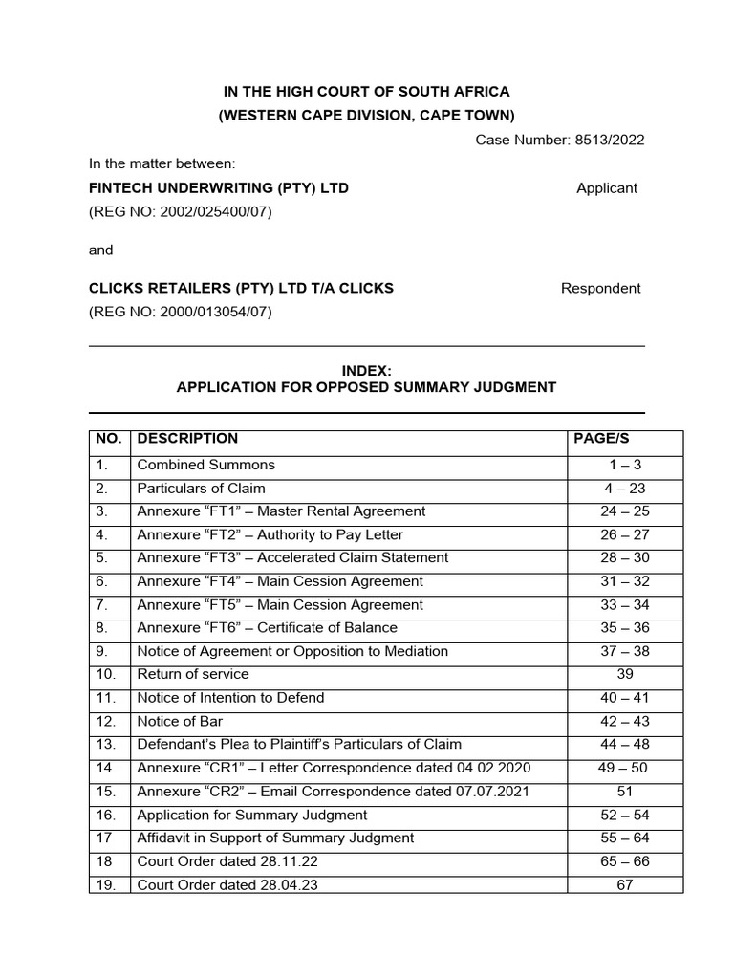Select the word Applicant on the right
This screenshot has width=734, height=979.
pyautogui.click(x=607, y=188)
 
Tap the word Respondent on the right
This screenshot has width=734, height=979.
pyautogui.click(x=600, y=288)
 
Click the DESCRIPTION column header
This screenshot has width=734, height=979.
pyautogui.click(x=187, y=439)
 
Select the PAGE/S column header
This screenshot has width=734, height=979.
pyautogui.click(x=601, y=439)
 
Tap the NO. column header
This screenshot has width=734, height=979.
pyautogui.click(x=109, y=439)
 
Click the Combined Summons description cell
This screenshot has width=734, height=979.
pyautogui.click(x=205, y=465)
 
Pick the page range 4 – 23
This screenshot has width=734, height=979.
pyautogui.click(x=625, y=489)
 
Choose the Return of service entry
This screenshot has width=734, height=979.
pyautogui.click(x=193, y=674)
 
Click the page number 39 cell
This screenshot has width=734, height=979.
pyautogui.click(x=625, y=674)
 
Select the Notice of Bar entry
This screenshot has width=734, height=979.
pyautogui.click(x=180, y=721)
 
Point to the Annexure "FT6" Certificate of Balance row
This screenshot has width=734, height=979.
pyautogui.click(x=267, y=628)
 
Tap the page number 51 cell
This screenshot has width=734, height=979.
pyautogui.click(x=625, y=792)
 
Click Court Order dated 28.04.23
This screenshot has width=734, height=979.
pyautogui.click(x=227, y=885)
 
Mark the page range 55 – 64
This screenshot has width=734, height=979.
pyautogui.click(x=625, y=838)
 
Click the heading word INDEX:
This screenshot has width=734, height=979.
pyautogui.click(x=366, y=370)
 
